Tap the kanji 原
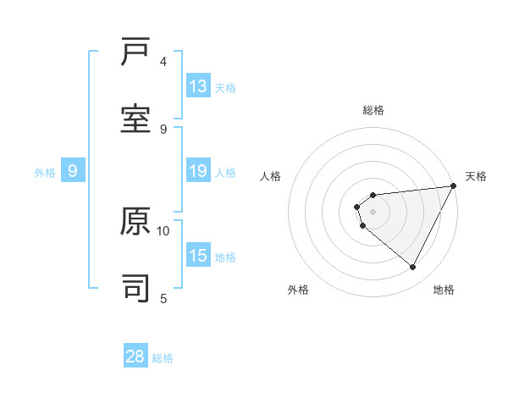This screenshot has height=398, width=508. (x=135, y=223)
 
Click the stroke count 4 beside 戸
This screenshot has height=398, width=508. (x=163, y=62)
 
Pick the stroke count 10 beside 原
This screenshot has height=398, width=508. (x=163, y=230)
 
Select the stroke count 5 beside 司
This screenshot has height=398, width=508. (x=163, y=297)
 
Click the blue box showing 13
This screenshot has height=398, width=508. (x=198, y=86)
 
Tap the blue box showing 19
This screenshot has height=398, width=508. (x=198, y=171)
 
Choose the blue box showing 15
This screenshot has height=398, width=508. (x=198, y=256)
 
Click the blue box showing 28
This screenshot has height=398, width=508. (x=135, y=357)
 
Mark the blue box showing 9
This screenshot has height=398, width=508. (x=73, y=171)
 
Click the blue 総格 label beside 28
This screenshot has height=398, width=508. (x=163, y=358)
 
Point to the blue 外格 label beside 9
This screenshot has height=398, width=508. (x=45, y=173)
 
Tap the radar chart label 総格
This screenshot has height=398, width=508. (x=373, y=110)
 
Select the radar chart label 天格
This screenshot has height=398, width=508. (x=476, y=176)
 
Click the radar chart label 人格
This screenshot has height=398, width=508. (x=271, y=176)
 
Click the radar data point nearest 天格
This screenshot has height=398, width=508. (x=454, y=186)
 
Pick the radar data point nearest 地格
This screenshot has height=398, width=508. (x=413, y=268)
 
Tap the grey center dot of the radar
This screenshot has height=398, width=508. (x=373, y=212)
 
